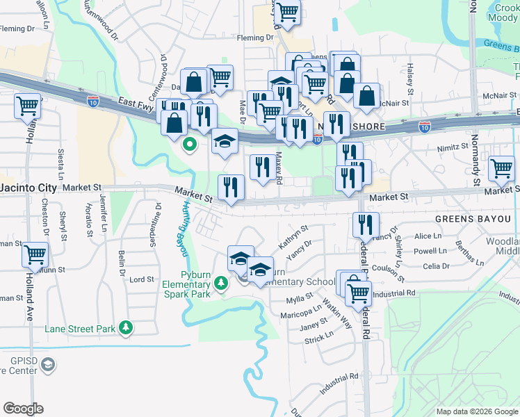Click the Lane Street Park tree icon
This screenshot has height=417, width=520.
(125, 327)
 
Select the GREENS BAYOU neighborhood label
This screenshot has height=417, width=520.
(473, 218)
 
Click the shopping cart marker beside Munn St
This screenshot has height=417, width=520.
(35, 255)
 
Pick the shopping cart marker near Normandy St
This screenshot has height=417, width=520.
(501, 167)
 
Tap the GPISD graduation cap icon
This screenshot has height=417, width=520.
(47, 364)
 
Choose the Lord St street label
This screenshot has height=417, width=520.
(141, 279)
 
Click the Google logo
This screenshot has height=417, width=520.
(23, 408)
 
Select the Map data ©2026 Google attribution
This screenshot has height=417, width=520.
(476, 411)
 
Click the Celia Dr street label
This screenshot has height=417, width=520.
(436, 266)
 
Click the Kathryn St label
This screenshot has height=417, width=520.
(293, 237)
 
